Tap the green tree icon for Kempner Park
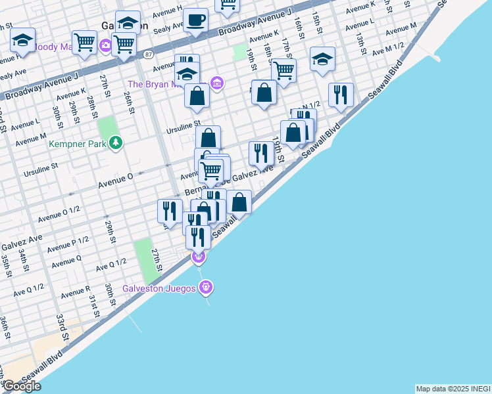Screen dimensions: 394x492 (116, 142)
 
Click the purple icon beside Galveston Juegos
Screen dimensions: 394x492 (207, 287)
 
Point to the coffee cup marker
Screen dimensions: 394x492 (195, 20)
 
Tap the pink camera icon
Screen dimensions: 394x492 (106, 45)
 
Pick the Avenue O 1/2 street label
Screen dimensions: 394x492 (59, 213)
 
